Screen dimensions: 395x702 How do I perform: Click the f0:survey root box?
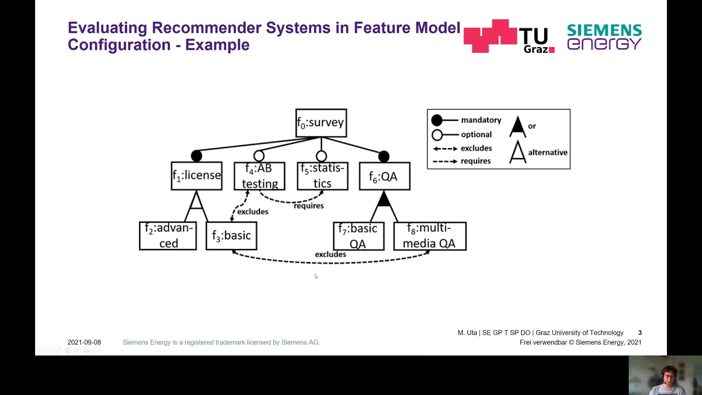tap(321, 123)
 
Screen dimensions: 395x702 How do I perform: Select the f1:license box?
tap(196, 176)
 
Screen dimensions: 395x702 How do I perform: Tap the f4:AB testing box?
tap(259, 176)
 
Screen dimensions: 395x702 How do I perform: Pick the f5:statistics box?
tap(322, 176)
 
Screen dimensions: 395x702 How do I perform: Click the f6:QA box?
tap(384, 176)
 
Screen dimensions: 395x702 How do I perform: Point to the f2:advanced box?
tap(168, 236)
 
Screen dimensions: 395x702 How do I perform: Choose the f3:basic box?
tap(231, 236)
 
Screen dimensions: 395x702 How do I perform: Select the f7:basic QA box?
tap(358, 236)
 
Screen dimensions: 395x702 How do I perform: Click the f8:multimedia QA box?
tap(430, 236)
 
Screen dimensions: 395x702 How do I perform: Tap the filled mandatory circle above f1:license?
tap(196, 156)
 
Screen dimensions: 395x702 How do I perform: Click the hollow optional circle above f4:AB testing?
tap(259, 156)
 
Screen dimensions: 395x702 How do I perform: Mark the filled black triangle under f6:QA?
tap(384, 199)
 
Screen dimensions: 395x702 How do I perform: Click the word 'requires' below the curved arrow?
tap(309, 206)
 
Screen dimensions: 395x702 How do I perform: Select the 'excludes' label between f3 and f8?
tap(330, 255)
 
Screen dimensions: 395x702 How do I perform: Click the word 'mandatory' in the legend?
tap(481, 120)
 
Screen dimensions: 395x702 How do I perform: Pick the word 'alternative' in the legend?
tap(547, 153)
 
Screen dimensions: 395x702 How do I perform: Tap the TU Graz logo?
tap(509, 36)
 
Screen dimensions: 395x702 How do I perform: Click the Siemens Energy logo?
tap(604, 37)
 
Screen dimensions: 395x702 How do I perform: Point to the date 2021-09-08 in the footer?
tap(84, 342)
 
